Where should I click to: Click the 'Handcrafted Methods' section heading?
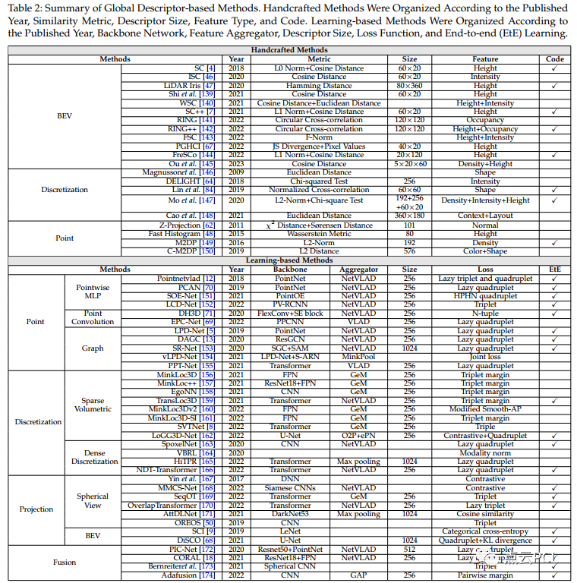(x=288, y=50)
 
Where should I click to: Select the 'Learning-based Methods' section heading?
(x=288, y=260)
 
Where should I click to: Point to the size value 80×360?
(x=409, y=86)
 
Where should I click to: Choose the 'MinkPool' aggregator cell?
(x=358, y=356)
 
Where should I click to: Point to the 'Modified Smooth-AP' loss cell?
(x=485, y=409)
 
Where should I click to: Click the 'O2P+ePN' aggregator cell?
(x=358, y=435)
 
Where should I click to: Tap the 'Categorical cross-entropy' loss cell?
(x=485, y=531)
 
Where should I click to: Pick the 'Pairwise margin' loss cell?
(x=485, y=575)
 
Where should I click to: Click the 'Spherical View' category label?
(x=93, y=501)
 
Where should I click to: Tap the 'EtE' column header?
(x=555, y=269)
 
